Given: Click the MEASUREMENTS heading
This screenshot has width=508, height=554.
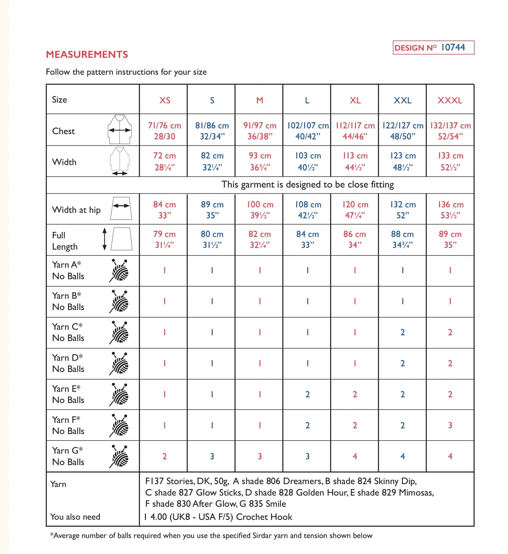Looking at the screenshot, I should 87,54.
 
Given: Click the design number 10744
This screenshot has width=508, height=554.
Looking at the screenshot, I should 453,47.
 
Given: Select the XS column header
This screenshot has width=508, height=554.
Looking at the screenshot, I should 165,100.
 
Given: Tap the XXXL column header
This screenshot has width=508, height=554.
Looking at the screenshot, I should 450,100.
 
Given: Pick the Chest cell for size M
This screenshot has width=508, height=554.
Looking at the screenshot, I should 259,131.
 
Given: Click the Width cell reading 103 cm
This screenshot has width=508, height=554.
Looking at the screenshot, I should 308,161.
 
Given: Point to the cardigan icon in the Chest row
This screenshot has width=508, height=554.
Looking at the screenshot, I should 120,129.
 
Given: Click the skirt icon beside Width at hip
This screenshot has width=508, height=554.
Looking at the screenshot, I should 121,209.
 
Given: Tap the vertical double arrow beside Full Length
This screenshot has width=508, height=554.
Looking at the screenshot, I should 104,239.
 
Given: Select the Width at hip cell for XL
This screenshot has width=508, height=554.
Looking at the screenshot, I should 355,209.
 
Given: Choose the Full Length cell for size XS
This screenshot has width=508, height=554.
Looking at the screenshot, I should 165,239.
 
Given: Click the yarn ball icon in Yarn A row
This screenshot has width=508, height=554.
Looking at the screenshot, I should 119,271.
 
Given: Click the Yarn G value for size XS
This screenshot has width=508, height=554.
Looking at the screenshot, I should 165,456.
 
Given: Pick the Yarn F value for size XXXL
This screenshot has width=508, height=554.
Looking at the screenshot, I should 450,425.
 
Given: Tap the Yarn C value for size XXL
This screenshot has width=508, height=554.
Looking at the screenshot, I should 403,332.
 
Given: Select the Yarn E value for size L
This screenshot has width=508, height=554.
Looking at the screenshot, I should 308,394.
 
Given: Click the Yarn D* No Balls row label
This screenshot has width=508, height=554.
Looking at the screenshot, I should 68,363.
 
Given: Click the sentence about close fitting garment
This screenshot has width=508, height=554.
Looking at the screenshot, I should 308,184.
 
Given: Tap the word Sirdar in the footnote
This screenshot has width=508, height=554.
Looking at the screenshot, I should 262,535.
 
